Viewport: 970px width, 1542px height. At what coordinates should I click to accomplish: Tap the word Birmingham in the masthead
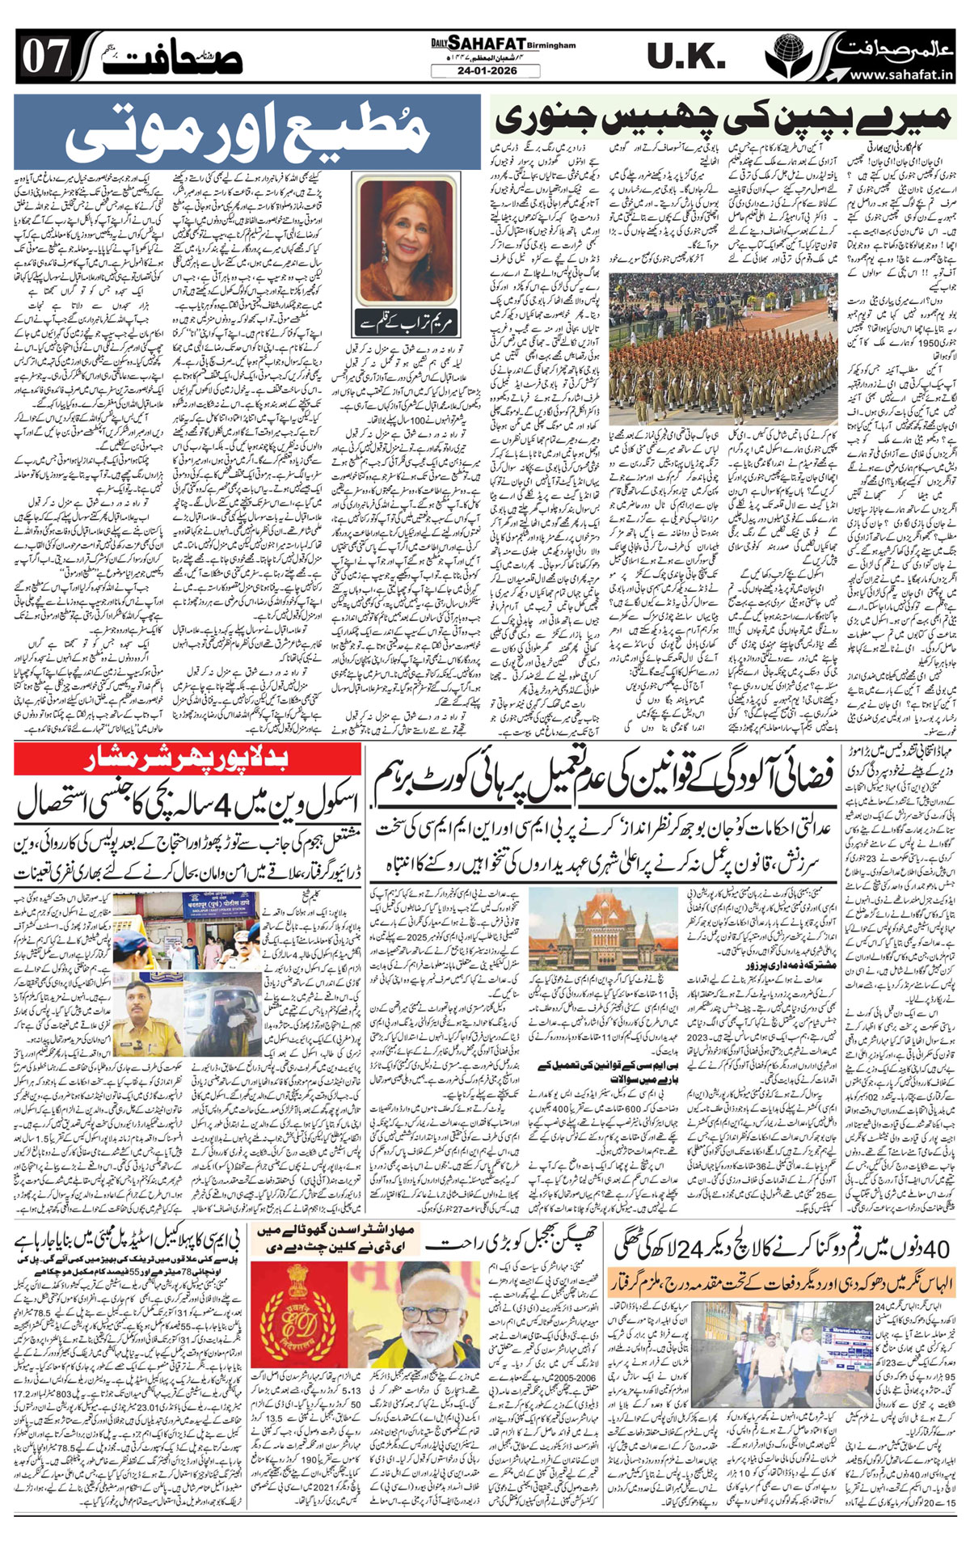pos(554,45)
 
